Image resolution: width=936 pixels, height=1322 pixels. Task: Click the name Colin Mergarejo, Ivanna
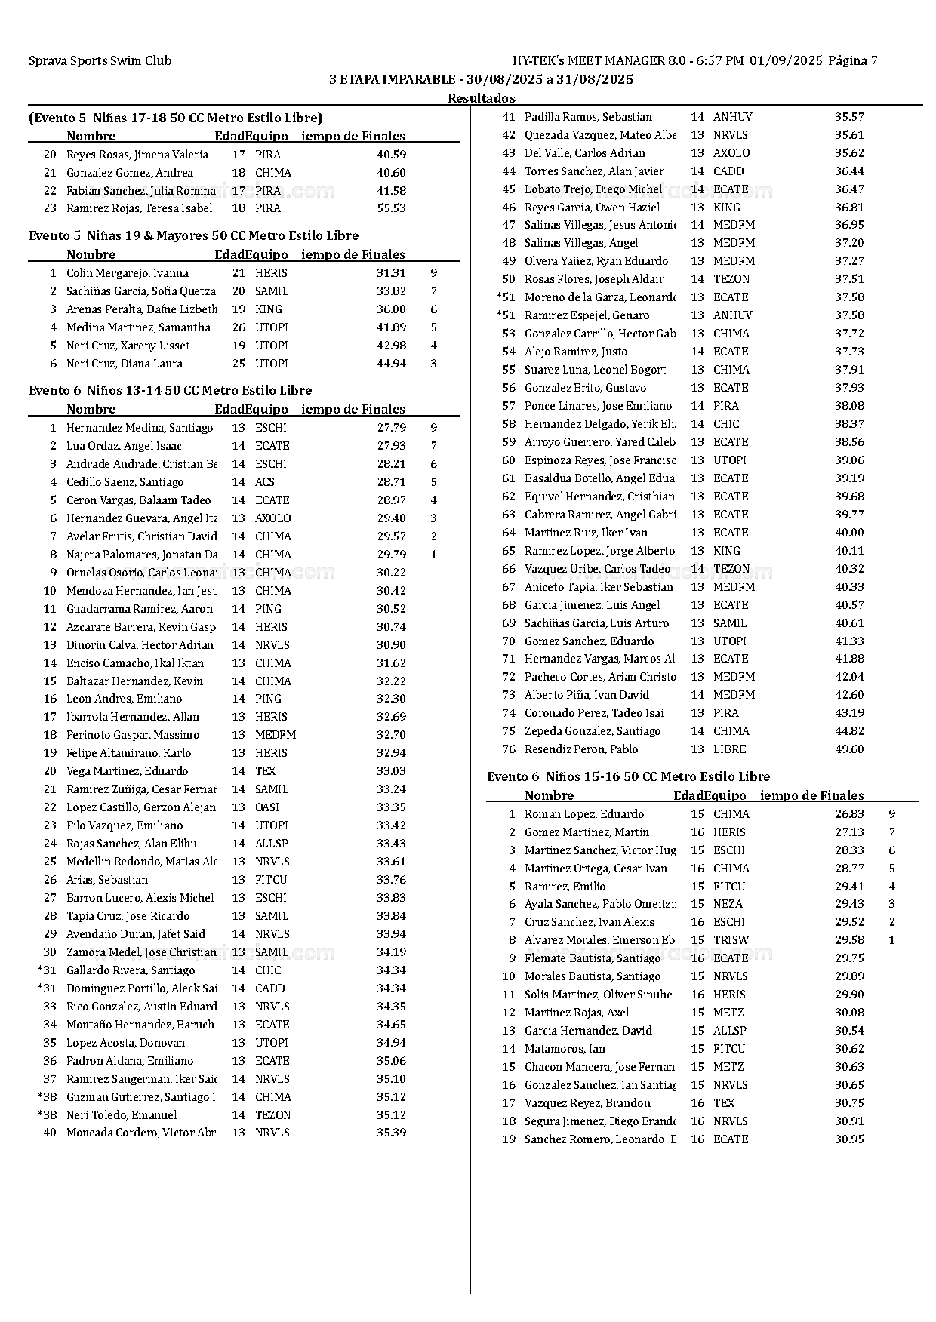[127, 273]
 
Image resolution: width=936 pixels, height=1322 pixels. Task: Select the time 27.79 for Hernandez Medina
[391, 428]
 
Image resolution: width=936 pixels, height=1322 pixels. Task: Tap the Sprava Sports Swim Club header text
[100, 61]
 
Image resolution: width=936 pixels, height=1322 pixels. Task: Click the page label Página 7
[852, 61]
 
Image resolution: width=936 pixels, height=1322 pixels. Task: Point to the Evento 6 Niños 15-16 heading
[628, 776]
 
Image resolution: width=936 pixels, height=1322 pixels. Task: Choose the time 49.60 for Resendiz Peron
[849, 749]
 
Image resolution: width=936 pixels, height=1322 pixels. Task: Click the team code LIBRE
[729, 749]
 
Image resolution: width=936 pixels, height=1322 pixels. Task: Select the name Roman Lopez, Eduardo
[584, 814]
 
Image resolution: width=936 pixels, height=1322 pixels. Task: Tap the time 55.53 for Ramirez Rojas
[391, 208]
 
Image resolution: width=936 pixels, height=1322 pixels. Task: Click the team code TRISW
[731, 940]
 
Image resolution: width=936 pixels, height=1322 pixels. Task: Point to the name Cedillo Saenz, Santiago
[125, 482]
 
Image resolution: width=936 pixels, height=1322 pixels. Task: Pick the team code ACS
[264, 482]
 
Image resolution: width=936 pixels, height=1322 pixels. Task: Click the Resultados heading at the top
[481, 98]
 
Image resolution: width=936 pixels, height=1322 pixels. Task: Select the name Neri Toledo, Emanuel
[122, 1115]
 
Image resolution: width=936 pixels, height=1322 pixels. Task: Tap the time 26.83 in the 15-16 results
[849, 814]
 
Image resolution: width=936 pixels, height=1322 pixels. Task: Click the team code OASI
[266, 807]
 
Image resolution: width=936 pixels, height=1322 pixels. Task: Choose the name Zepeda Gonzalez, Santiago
[593, 731]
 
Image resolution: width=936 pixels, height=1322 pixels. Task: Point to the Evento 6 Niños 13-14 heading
[170, 390]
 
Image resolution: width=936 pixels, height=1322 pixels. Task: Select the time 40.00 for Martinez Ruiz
[849, 533]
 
